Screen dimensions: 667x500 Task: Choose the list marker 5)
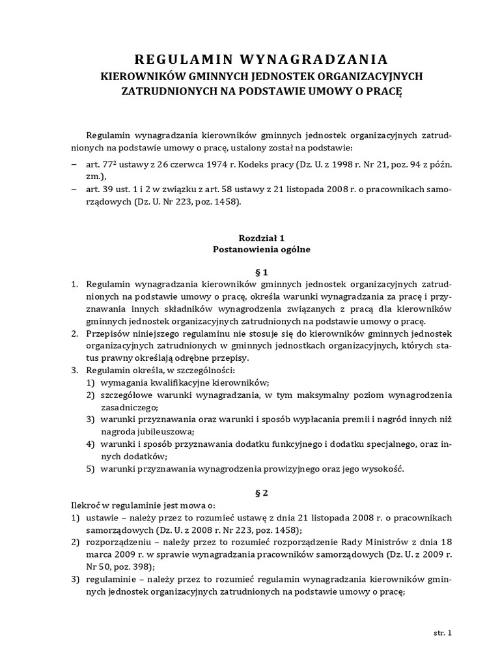[x=91, y=470]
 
